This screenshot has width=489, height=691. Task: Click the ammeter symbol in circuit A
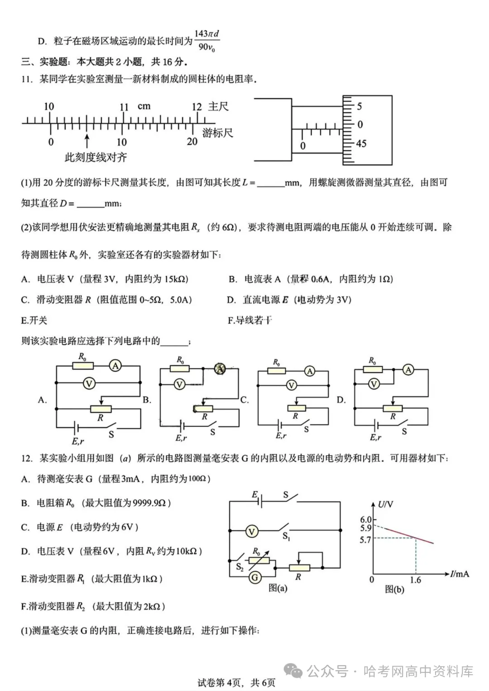coord(115,365)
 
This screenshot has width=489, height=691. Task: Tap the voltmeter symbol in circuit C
coord(291,385)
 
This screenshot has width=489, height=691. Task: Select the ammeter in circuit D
coord(408,370)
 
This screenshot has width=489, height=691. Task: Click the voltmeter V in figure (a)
coord(251,531)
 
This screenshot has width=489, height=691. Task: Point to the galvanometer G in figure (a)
coord(255,577)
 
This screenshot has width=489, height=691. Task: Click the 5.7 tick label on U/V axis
coord(365,540)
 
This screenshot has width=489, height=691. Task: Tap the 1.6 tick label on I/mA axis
coord(415,580)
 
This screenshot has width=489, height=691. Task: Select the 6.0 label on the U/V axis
coord(365,520)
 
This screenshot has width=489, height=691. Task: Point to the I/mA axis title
coord(460,574)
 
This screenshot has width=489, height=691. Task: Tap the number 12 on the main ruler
coord(197,107)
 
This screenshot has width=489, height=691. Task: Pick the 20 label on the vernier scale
coord(192,141)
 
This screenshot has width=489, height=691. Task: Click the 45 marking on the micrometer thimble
coord(361,144)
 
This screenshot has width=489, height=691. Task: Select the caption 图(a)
coord(278,588)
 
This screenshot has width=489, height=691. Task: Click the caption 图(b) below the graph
coord(394,589)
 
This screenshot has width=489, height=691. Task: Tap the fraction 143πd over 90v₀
coord(207,40)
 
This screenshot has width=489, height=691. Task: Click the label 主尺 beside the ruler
coord(219,106)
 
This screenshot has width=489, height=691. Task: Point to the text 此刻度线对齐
coord(96,158)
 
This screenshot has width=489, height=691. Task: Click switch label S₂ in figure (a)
coord(240,566)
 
